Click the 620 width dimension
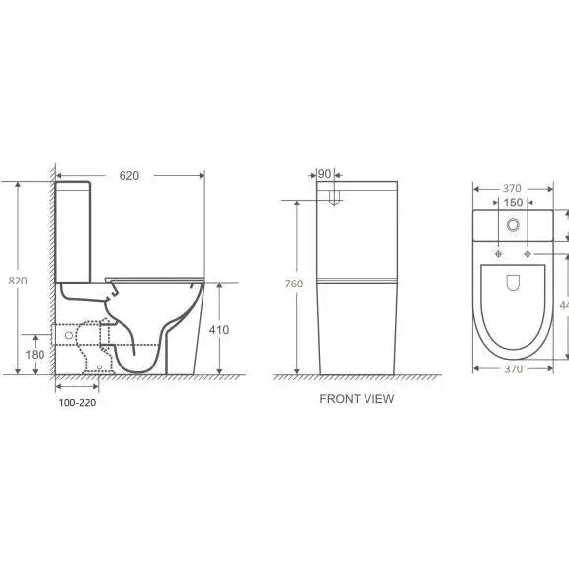[129, 175]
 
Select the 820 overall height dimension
[18, 281]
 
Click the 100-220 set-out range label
[77, 403]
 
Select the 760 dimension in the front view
[294, 285]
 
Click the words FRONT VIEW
[356, 399]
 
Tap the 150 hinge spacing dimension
[513, 203]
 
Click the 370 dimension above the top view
[512, 188]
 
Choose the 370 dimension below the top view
[512, 368]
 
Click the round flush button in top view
[512, 225]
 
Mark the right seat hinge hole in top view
[529, 254]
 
